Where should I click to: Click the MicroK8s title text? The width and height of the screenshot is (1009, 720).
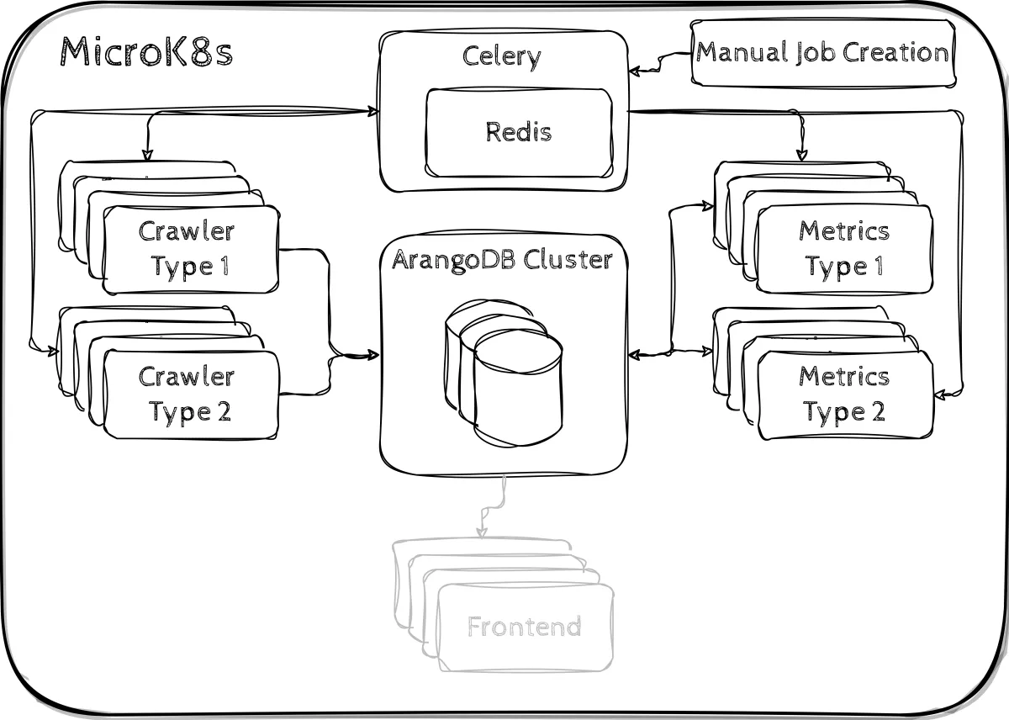coord(145,52)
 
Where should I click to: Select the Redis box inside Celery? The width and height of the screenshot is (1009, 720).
coord(519,132)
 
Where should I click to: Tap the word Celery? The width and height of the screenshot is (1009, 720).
coord(502,56)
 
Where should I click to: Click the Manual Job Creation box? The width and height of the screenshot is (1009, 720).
coord(822,53)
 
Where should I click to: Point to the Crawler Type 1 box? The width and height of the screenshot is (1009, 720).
coord(191,249)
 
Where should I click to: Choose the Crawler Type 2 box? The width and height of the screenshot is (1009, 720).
coord(191,394)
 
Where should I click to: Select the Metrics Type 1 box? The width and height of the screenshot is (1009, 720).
coord(844,249)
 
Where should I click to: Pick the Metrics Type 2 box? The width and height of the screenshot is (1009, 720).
coord(845,394)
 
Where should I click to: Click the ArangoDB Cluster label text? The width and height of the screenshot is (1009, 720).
coord(503,259)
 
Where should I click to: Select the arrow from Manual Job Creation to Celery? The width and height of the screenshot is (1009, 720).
coord(660,61)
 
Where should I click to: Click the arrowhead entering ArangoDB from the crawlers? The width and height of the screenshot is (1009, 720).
coord(373,355)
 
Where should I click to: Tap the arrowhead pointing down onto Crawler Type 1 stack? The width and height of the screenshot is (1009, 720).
coord(146,155)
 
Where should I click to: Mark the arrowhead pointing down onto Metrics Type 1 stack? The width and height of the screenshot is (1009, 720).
coord(801,155)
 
